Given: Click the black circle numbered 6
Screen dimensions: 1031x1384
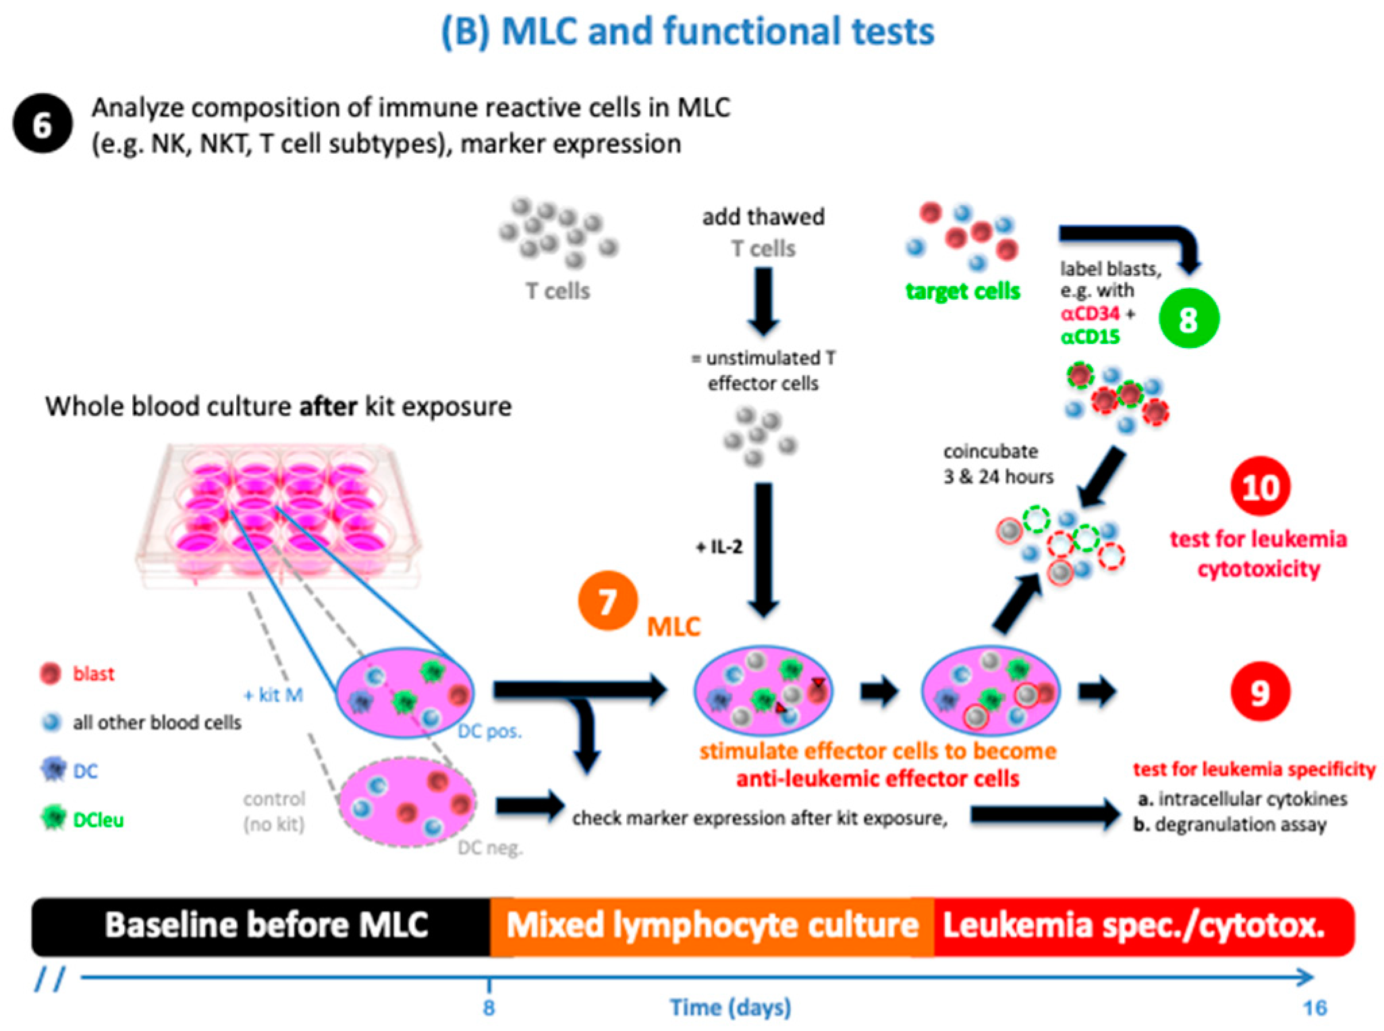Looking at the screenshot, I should click(x=43, y=125).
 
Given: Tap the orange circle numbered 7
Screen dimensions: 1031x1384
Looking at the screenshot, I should click(x=607, y=601).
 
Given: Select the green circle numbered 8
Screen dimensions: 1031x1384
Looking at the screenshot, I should click(x=1188, y=318).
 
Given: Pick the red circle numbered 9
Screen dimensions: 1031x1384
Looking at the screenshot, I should click(x=1259, y=692).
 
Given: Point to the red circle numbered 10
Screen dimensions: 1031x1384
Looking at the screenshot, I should click(x=1259, y=487).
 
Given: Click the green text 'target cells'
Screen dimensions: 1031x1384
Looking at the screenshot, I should click(x=962, y=291).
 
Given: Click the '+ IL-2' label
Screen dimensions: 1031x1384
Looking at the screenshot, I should click(x=719, y=547).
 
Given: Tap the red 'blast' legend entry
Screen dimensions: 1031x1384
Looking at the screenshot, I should click(x=92, y=673).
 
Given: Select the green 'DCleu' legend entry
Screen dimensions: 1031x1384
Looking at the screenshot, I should click(x=98, y=820).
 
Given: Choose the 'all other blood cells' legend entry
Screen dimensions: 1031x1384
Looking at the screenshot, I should click(x=156, y=723).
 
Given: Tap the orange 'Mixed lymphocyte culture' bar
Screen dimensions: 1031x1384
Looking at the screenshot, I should click(x=712, y=925).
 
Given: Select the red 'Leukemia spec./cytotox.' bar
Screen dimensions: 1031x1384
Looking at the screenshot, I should click(x=1134, y=925).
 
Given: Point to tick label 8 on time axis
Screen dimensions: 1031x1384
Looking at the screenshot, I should click(x=489, y=1007).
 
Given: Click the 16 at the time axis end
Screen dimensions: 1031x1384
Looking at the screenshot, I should click(x=1314, y=1007).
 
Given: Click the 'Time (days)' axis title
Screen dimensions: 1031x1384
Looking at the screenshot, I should click(x=730, y=1007).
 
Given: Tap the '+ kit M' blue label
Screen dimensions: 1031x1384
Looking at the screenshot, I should click(x=273, y=694).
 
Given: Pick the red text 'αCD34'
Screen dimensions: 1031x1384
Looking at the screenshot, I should click(x=1089, y=314).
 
